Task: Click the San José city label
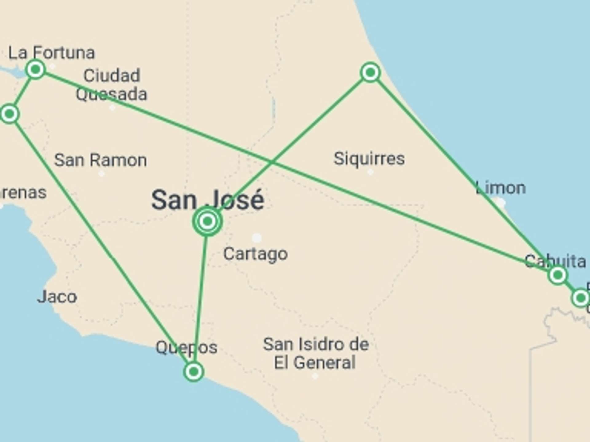click(x=208, y=200)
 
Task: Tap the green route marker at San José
click(x=207, y=221)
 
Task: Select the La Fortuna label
click(x=51, y=53)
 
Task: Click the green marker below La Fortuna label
click(x=36, y=70)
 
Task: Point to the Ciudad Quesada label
click(x=112, y=85)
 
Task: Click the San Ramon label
click(x=100, y=160)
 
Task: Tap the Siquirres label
click(x=369, y=159)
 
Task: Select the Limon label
click(x=501, y=188)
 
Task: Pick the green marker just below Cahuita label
click(x=557, y=275)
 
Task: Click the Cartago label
click(x=255, y=254)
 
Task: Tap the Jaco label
click(x=57, y=297)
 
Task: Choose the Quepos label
click(x=187, y=347)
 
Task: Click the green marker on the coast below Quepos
click(x=194, y=372)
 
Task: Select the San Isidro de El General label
click(x=316, y=353)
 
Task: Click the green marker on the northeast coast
click(x=370, y=72)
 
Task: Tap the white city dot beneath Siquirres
click(x=371, y=172)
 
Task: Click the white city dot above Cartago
click(x=257, y=238)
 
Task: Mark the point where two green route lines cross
click(x=272, y=162)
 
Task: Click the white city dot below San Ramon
click(x=101, y=174)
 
